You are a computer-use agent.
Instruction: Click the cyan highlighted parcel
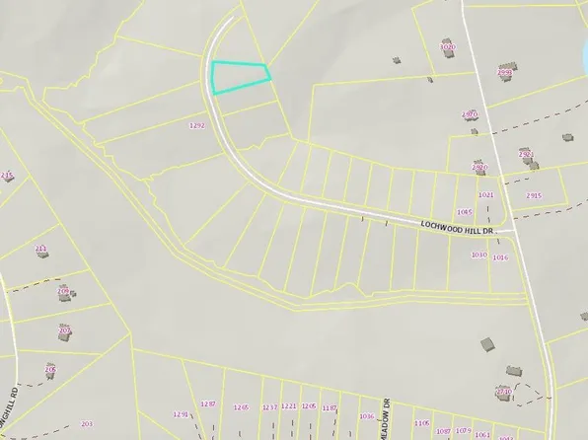pyautogui.click(x=238, y=77)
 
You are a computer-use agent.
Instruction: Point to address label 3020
pyautogui.click(x=447, y=46)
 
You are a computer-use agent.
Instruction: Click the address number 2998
pyautogui.click(x=505, y=72)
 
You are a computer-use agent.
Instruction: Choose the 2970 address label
pyautogui.click(x=470, y=114)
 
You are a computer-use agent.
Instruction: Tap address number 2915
pyautogui.click(x=534, y=195)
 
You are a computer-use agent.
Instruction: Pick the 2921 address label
pyautogui.click(x=526, y=154)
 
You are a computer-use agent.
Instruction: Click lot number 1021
pyautogui.click(x=484, y=195)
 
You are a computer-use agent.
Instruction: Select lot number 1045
pyautogui.click(x=464, y=211)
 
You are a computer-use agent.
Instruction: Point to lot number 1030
pyautogui.click(x=478, y=255)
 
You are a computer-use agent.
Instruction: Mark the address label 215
pyautogui.click(x=8, y=176)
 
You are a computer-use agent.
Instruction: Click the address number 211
pyautogui.click(x=40, y=248)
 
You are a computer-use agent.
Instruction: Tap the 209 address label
pyautogui.click(x=64, y=291)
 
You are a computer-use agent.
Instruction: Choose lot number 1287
pyautogui.click(x=207, y=404)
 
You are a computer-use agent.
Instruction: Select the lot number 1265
pyautogui.click(x=241, y=406)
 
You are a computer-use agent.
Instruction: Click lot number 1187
pyautogui.click(x=330, y=406)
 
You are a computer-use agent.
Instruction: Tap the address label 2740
pyautogui.click(x=503, y=392)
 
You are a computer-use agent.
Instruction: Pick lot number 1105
pyautogui.click(x=422, y=422)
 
